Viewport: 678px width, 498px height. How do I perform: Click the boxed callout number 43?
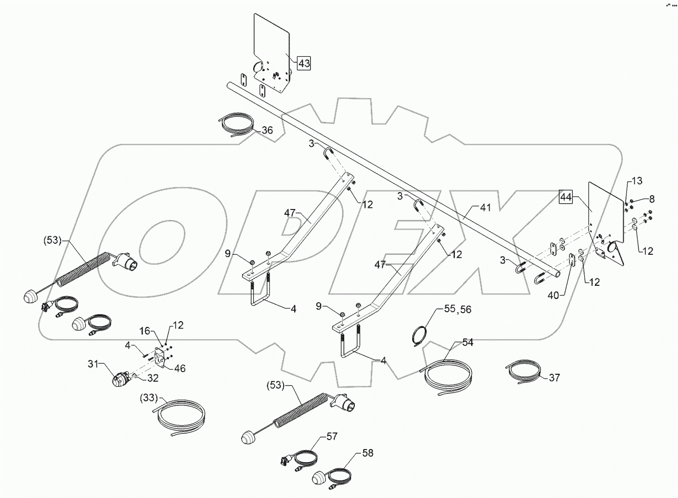[x=304, y=63]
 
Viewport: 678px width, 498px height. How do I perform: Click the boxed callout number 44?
[x=566, y=197]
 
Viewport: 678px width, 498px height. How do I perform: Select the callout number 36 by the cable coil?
[x=267, y=130]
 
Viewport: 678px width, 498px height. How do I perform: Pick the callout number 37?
[x=554, y=377]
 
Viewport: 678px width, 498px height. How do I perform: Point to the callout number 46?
[x=181, y=368]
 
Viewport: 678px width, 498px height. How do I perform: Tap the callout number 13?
[x=636, y=181]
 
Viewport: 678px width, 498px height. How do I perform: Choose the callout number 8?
[x=652, y=199]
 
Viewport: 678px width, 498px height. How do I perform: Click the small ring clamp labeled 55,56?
[x=421, y=336]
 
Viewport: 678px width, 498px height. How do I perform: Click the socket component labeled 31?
[x=121, y=380]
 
